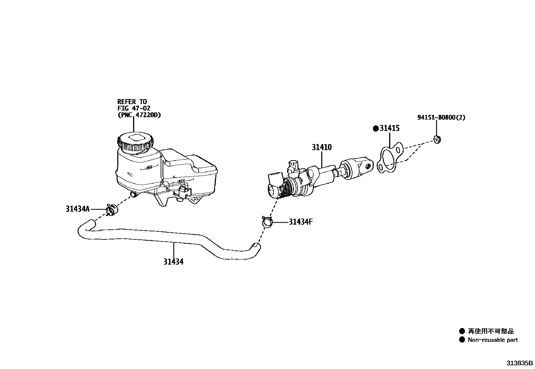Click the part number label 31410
[321, 147]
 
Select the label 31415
[389, 128]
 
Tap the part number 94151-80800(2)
[441, 118]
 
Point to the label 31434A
[78, 209]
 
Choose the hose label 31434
[173, 262]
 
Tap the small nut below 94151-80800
[437, 139]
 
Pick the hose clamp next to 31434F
[267, 221]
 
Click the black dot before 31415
[376, 129]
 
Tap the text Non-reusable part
[493, 340]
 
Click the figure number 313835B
[520, 363]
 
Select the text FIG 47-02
[134, 108]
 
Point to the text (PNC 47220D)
[139, 115]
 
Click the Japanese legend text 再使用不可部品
[491, 331]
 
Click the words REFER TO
[132, 101]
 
